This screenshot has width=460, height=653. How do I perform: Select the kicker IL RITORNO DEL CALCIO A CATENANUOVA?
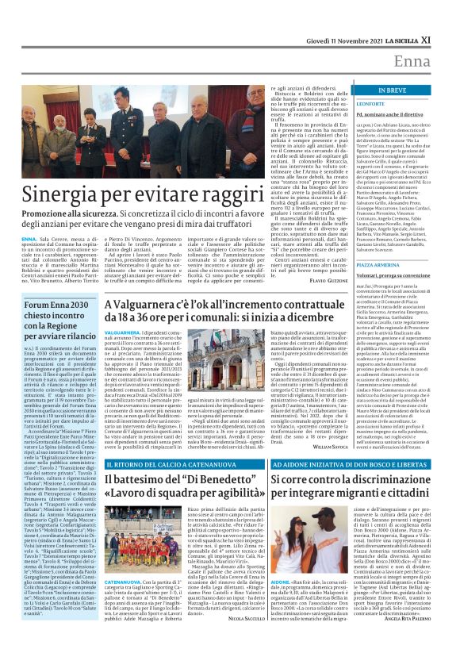(x=162, y=461)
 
